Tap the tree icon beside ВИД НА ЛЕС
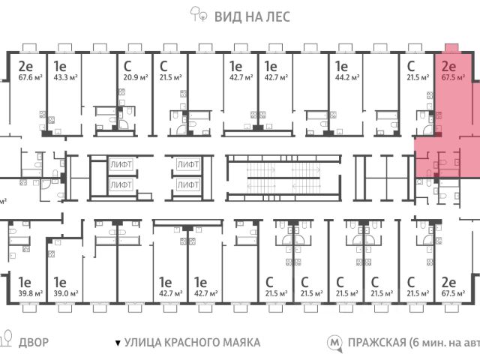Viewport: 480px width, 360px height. [x=198, y=13]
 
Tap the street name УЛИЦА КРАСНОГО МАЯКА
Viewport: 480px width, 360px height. [x=193, y=343]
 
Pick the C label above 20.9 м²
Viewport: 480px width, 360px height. [x=127, y=64]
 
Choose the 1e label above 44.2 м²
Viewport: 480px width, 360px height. [x=341, y=64]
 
